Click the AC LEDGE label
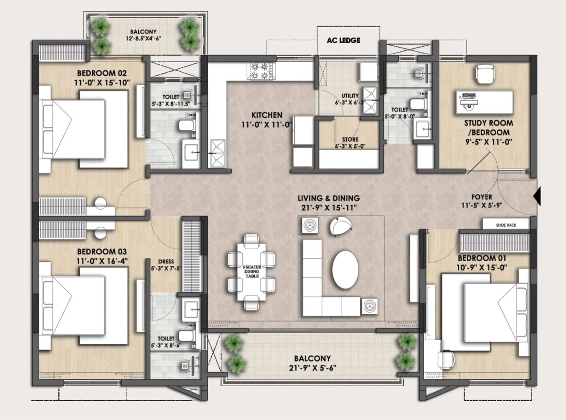[343, 40]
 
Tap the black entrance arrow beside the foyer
[537, 196]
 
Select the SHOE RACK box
[506, 225]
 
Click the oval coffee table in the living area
[345, 269]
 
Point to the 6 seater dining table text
[252, 271]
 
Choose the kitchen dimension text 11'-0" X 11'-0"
[267, 125]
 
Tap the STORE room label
[350, 140]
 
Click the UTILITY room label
[350, 96]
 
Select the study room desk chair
[484, 74]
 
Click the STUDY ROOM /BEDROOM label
[488, 127]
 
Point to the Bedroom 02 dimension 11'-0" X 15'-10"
[102, 83]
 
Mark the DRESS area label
[166, 261]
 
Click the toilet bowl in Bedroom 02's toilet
[186, 125]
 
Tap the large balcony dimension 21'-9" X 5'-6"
[312, 368]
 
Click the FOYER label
[481, 197]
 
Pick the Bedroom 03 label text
[102, 251]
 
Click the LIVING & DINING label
[328, 198]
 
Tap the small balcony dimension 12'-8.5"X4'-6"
[143, 38]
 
